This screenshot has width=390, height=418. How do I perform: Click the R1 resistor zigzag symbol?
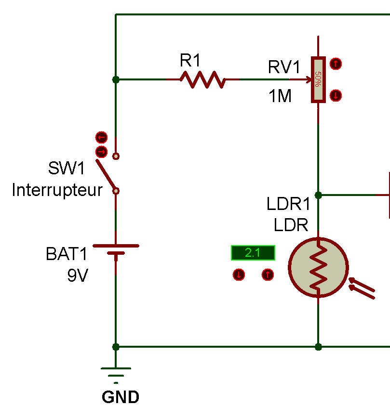(202, 79)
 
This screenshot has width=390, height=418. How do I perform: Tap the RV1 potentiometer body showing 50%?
(318, 79)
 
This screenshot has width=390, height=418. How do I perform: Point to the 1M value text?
(280, 96)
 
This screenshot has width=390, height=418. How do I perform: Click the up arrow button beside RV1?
(336, 63)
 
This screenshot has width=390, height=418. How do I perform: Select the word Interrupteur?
(57, 190)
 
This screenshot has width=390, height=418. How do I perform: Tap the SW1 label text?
(67, 169)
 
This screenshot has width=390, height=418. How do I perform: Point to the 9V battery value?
(78, 275)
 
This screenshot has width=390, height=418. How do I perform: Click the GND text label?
(121, 398)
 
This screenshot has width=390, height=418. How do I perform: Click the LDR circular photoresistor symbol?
(318, 267)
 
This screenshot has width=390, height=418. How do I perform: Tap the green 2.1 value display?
(253, 252)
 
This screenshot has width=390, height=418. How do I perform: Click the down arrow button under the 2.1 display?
(239, 275)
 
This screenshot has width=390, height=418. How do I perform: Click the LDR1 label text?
(288, 204)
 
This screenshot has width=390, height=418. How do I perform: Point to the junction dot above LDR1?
(318, 195)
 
